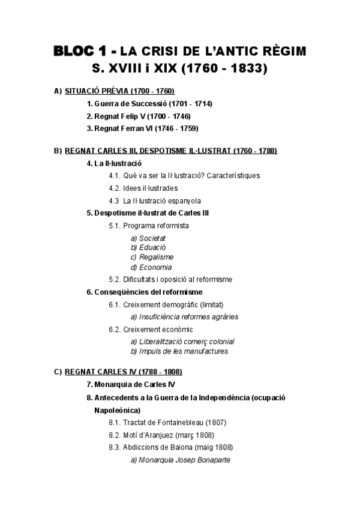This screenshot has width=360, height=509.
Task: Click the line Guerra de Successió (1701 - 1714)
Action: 149,104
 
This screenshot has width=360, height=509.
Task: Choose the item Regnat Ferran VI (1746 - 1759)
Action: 142,128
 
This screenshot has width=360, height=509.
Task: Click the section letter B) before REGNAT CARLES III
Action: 58,151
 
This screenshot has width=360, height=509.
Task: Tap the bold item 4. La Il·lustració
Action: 114,163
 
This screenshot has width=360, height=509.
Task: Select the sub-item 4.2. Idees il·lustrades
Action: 143,188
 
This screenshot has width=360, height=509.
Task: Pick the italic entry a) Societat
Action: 148,238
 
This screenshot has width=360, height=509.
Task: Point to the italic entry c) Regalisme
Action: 152,258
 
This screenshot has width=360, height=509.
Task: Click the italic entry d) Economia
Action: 151,267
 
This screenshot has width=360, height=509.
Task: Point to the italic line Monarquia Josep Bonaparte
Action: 181,460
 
